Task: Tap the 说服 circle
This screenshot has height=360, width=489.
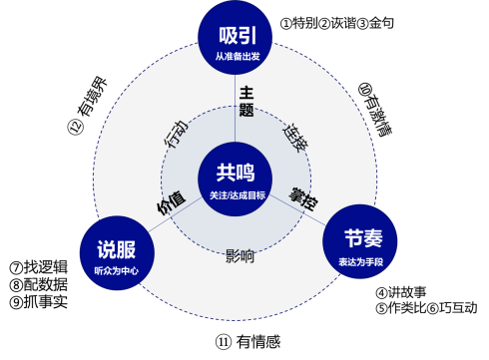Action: click(x=117, y=256)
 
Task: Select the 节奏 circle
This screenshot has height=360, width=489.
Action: click(x=360, y=242)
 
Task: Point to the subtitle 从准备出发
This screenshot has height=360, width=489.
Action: click(x=237, y=57)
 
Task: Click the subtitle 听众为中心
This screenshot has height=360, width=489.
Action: click(x=117, y=270)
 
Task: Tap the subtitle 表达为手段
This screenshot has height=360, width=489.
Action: click(x=360, y=260)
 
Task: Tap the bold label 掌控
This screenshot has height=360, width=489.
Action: click(x=303, y=197)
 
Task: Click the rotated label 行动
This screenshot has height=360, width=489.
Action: click(x=175, y=135)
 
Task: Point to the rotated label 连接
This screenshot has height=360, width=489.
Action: click(x=296, y=138)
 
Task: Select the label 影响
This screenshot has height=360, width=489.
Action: click(x=240, y=256)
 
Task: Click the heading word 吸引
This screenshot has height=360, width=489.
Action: click(x=237, y=34)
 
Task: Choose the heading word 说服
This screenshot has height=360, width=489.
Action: click(x=117, y=249)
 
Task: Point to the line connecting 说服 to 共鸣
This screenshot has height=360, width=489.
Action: click(x=175, y=216)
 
